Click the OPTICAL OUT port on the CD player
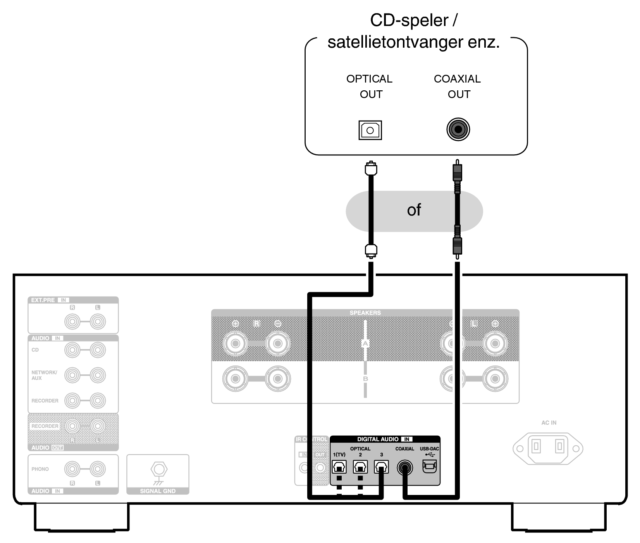(x=370, y=130)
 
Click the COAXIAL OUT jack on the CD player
(x=458, y=129)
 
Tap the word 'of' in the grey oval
(x=414, y=210)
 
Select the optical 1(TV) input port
(x=339, y=467)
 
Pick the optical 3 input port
(x=381, y=467)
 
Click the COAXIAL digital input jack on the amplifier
(x=405, y=468)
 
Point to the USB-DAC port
(x=429, y=466)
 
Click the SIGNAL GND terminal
(x=158, y=470)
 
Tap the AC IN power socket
(x=548, y=448)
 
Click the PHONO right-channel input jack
(x=72, y=469)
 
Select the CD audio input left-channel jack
(x=98, y=350)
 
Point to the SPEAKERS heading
(x=365, y=313)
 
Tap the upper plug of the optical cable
(x=371, y=169)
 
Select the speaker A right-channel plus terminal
(x=235, y=343)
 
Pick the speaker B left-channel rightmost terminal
(x=495, y=378)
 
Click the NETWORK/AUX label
(x=44, y=375)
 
